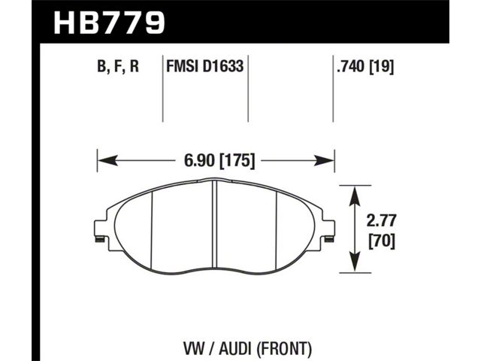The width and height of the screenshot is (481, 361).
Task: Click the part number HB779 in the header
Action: coord(109,23)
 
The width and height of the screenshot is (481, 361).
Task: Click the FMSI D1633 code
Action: coord(204,66)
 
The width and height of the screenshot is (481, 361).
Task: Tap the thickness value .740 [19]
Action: coord(365,66)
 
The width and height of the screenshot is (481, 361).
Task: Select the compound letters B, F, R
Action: coord(118,67)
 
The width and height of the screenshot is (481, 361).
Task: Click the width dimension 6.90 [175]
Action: coord(219,160)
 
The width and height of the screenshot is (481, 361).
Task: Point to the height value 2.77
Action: coord(381,220)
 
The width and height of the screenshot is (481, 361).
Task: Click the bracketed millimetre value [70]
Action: coord(381,241)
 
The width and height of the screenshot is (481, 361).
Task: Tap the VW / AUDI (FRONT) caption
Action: coord(247,349)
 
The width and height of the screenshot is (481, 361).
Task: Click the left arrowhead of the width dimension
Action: coord(107,160)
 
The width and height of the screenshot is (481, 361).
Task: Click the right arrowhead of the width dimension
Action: coord(324,160)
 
